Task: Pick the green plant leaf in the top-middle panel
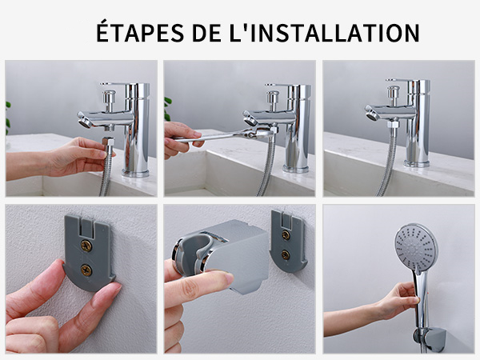click(x=168, y=109)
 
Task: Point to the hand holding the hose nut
click(x=76, y=156)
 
